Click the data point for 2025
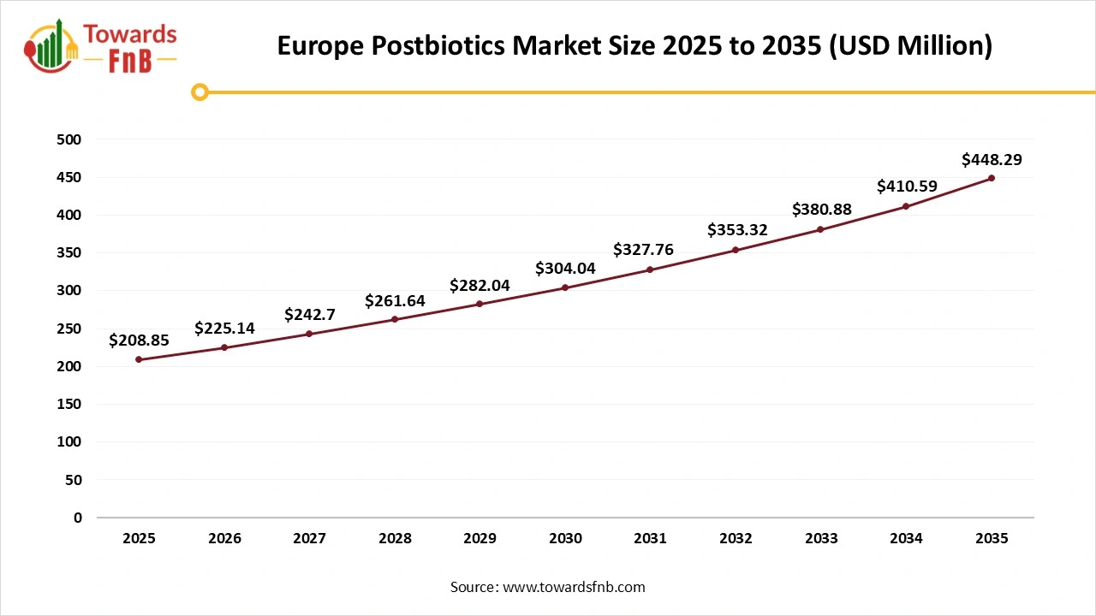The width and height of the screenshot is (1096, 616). (139, 359)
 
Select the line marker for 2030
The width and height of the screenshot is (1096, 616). (565, 287)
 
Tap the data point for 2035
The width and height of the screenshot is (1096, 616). (992, 178)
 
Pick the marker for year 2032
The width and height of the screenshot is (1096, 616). (736, 250)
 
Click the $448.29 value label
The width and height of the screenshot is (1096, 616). (992, 159)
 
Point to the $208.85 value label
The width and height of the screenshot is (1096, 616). (139, 341)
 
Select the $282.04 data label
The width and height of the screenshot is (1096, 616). (479, 286)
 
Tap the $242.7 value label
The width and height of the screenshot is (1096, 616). (309, 315)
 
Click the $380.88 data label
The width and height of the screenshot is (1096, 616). (820, 210)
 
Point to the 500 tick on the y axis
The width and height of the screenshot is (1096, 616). (69, 139)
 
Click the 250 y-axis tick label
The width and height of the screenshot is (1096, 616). (69, 329)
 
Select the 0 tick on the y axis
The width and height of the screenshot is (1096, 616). (77, 518)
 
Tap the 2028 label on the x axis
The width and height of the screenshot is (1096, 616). (395, 538)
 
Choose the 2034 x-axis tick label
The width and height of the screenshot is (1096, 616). (906, 538)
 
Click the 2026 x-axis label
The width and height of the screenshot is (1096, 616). (224, 538)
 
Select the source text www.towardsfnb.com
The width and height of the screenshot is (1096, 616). (574, 587)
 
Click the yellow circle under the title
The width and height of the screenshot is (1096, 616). (200, 92)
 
